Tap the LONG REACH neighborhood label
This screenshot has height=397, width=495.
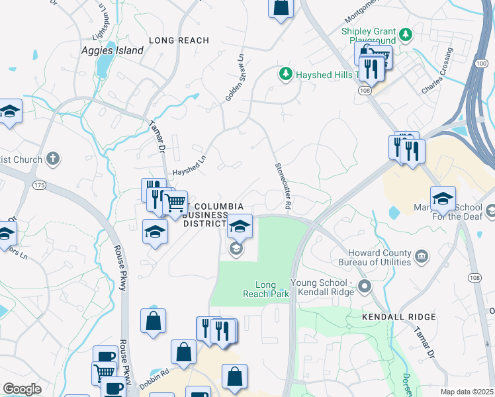pos(179,40)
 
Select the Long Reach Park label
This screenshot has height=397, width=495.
pos(265,289)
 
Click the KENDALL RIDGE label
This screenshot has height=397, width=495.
pos(399,317)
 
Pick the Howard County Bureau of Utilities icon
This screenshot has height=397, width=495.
pos(422,255)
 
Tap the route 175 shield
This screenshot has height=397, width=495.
pos(40,185)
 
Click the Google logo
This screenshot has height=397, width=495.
pos(22,389)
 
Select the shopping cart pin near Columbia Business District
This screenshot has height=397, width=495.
pos(175,203)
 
